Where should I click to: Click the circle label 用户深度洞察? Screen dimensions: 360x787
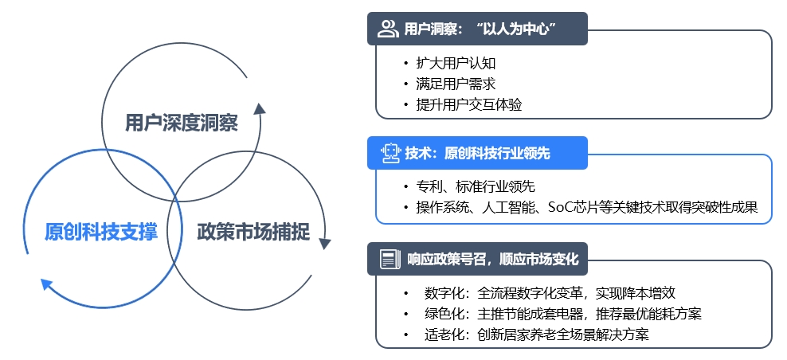tap(182, 123)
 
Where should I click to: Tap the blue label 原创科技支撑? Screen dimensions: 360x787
tap(100, 232)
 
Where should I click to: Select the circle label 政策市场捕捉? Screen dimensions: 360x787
tap(252, 232)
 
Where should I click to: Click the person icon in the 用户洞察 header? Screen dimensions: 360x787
tap(388, 29)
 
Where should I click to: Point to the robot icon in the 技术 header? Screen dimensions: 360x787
tap(388, 152)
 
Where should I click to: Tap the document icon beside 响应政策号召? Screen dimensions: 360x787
tap(389, 259)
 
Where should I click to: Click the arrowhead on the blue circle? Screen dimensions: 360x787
tap(47, 283)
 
